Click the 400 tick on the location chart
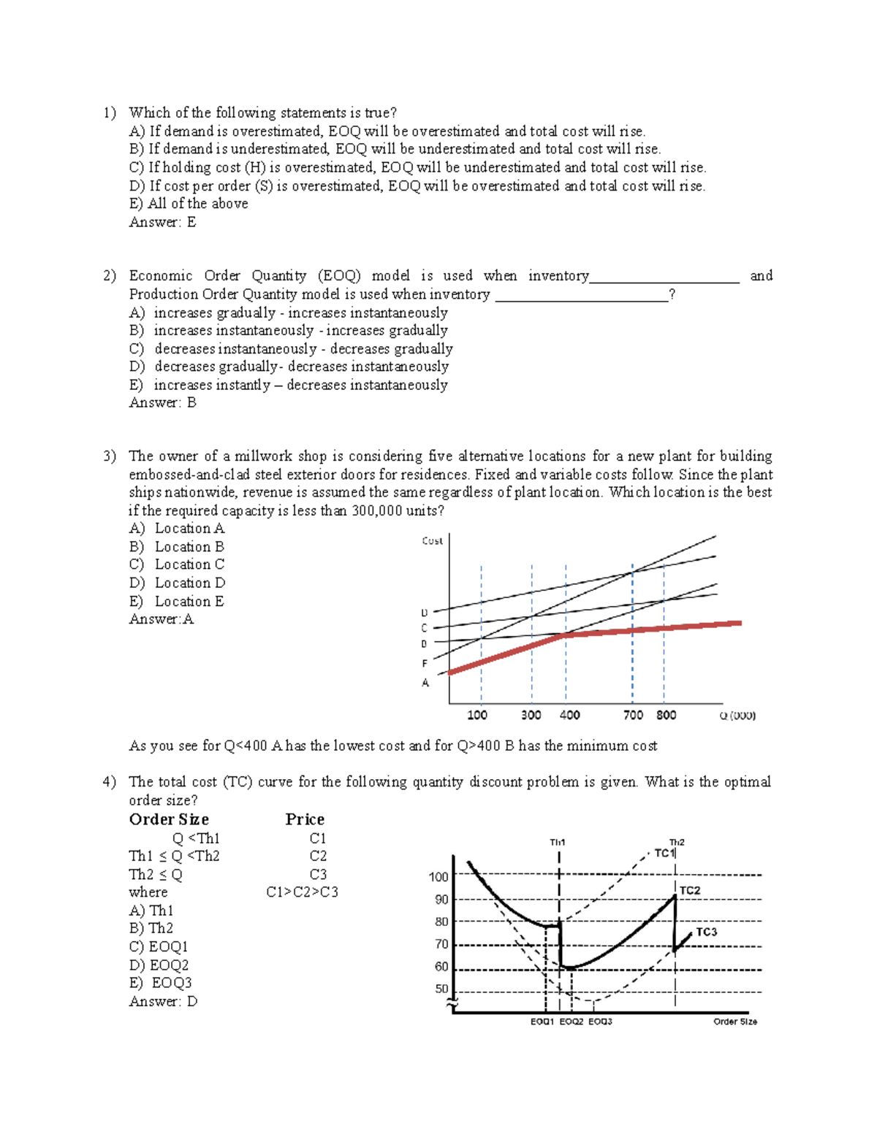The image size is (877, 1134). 569,715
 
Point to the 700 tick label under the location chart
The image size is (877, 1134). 633,715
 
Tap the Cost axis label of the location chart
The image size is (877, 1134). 432,541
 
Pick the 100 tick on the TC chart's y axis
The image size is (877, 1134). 438,877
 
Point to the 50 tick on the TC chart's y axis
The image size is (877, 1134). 441,989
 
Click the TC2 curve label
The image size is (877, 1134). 690,890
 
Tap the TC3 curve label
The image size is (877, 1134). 706,932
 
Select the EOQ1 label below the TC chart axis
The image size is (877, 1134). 542,1022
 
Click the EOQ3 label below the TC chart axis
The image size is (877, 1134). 600,1022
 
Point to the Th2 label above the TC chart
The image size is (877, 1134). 677,842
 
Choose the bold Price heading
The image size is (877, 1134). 305,819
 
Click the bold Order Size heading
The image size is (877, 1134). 169,819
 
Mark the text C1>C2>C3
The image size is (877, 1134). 302,892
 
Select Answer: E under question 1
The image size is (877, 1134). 162,222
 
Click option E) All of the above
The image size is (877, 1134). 189,204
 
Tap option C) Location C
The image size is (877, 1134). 177,564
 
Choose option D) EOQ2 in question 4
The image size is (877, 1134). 159,965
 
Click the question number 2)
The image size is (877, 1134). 110,276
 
